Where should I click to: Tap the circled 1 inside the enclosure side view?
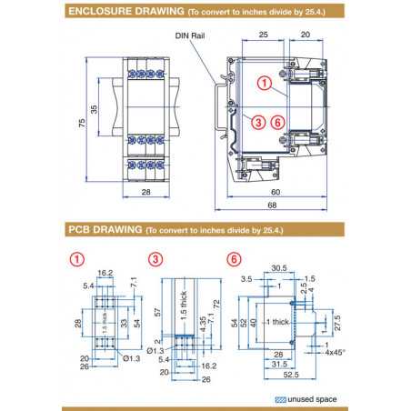point(265,83)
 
